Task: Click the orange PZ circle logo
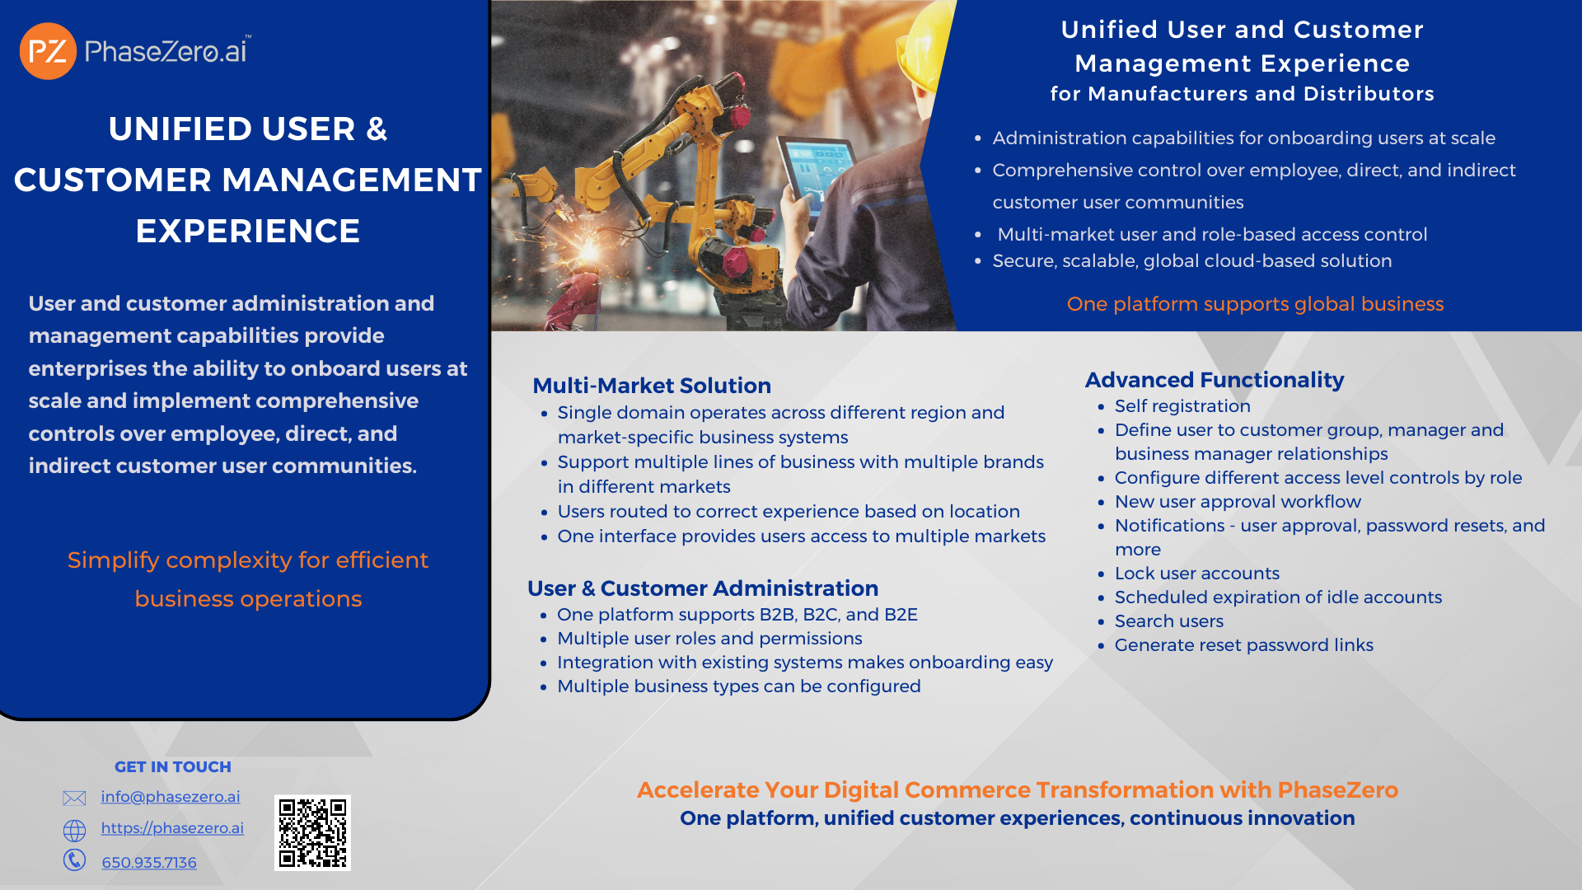(x=48, y=51)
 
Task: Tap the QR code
(x=312, y=832)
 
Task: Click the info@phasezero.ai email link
(x=171, y=797)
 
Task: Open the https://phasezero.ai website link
(x=172, y=828)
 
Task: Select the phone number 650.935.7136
(x=149, y=863)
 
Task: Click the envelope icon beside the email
(x=74, y=798)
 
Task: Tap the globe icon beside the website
(x=74, y=830)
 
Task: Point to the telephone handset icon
(x=74, y=860)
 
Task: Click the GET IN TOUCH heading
(x=173, y=767)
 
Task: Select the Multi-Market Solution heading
(x=652, y=386)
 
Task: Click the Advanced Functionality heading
(x=1215, y=380)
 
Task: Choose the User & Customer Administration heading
(x=703, y=588)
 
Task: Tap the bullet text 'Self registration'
(x=1182, y=406)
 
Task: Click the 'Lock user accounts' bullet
(x=1197, y=574)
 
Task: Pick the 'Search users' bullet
(x=1169, y=621)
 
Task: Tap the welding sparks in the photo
(x=589, y=247)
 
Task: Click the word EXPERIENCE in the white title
(x=248, y=232)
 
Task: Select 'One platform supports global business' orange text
(x=1255, y=304)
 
